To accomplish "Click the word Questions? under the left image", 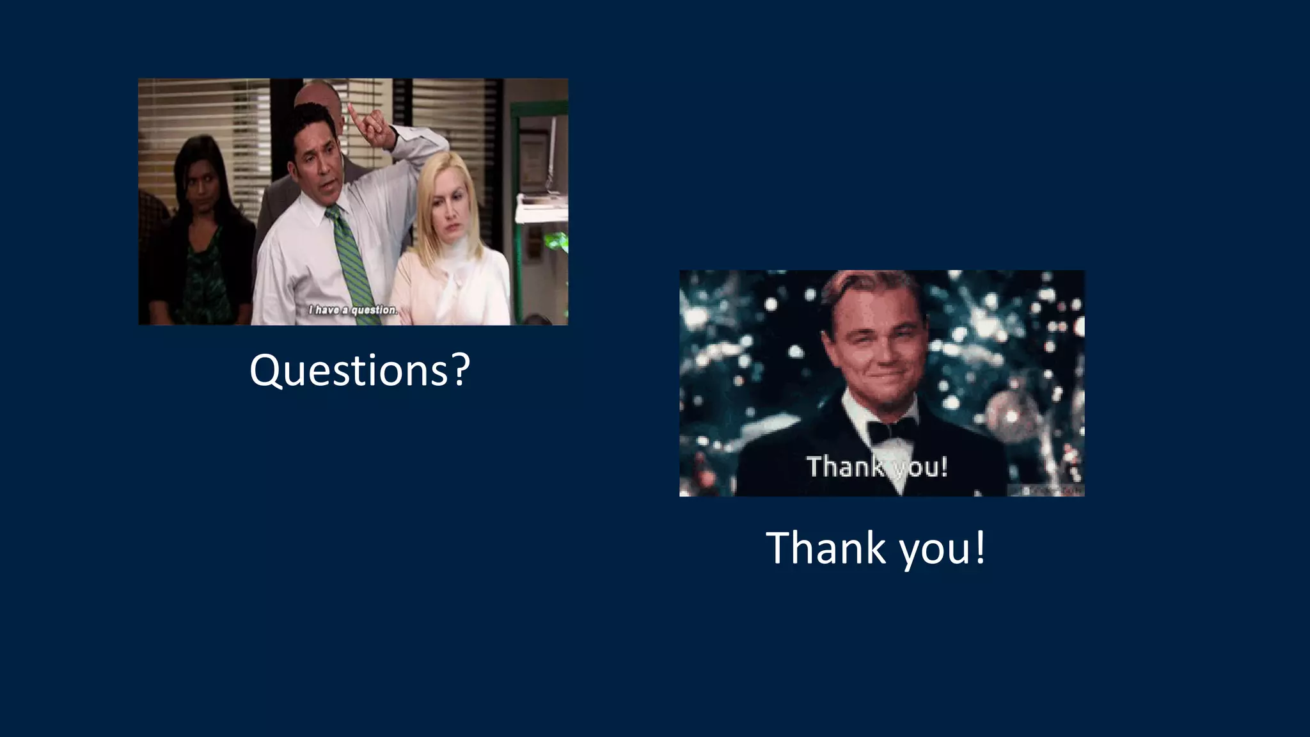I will (359, 370).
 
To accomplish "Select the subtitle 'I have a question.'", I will (353, 310).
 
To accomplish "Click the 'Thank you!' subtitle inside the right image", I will (876, 466).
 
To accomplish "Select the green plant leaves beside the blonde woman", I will (555, 242).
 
